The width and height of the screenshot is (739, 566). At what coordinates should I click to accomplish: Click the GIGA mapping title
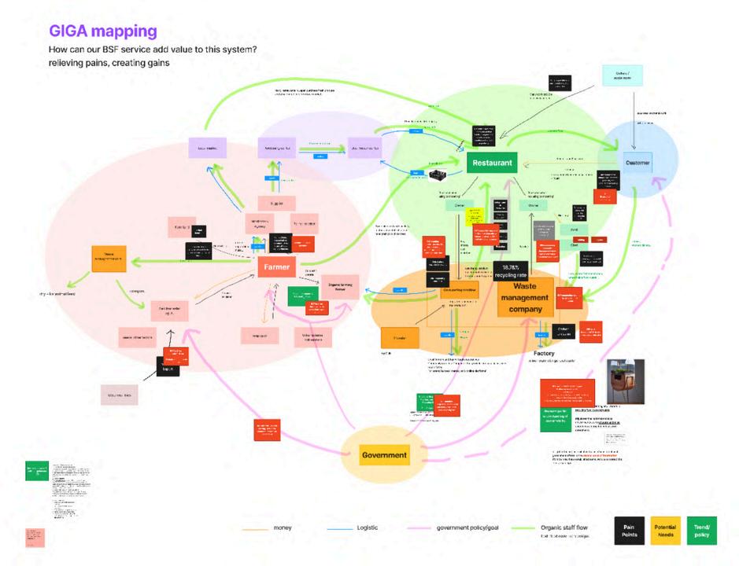103,31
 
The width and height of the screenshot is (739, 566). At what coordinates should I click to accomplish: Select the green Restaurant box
490,164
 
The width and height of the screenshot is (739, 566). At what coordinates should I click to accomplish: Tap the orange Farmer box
276,267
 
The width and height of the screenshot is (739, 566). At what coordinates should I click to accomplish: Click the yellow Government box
384,455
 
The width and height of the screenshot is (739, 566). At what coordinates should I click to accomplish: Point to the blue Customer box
637,164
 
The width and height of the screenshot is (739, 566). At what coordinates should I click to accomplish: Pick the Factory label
544,353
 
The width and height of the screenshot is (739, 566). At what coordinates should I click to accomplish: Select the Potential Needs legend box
664,531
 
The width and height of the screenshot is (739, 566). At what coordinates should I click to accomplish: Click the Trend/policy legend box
702,531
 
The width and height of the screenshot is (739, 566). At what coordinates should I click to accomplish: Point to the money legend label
283,527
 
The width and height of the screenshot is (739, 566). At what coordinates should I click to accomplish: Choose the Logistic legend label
367,527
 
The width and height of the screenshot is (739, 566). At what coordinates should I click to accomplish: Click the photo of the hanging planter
625,381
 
